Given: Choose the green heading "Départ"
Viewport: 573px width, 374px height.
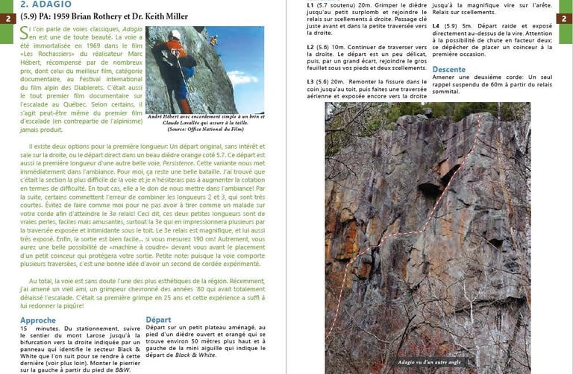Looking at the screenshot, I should (x=158, y=320).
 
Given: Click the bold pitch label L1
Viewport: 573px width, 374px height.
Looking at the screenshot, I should (x=311, y=5).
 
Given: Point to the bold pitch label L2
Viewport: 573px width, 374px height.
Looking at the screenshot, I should (x=311, y=46).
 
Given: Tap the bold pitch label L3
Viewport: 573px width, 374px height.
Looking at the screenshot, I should (x=311, y=80).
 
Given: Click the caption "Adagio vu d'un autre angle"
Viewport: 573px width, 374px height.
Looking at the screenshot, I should (x=428, y=361).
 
